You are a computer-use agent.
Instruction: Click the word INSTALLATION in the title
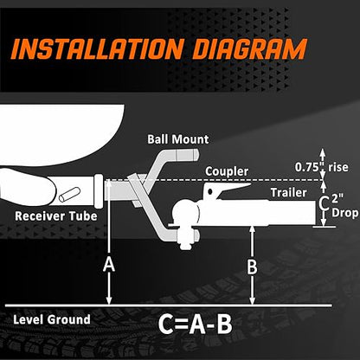click(x=99, y=48)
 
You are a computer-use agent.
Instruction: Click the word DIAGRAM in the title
click(x=249, y=48)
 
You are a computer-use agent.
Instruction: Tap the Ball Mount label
click(x=177, y=139)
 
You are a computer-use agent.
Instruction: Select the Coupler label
click(x=227, y=171)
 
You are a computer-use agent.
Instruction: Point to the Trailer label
click(x=288, y=192)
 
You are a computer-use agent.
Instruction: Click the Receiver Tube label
click(x=56, y=216)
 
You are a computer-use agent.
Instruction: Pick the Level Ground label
click(x=52, y=319)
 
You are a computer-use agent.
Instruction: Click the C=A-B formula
click(x=196, y=325)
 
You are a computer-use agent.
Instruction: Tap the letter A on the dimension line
click(x=109, y=265)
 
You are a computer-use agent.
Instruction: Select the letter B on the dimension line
click(x=252, y=267)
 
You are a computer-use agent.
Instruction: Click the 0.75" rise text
click(x=321, y=167)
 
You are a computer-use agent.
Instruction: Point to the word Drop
click(x=344, y=213)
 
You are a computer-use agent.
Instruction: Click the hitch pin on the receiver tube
click(x=69, y=195)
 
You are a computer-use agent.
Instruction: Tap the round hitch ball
click(x=184, y=213)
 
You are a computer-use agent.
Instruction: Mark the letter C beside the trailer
click(x=325, y=203)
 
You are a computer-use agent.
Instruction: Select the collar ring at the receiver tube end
click(x=99, y=191)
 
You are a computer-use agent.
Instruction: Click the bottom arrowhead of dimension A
click(x=109, y=300)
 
